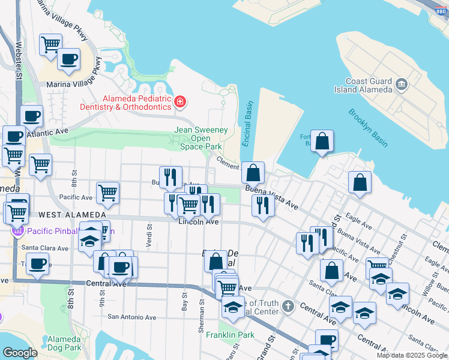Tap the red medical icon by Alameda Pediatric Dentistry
tap(179, 103)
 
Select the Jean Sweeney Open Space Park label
tap(199, 138)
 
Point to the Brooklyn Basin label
tap(367, 128)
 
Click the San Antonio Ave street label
tap(131, 317)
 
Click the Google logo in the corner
tap(19, 353)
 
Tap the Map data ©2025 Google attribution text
tap(412, 355)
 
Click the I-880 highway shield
tap(441, 4)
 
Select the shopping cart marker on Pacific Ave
tap(107, 193)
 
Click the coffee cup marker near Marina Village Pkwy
tap(68, 59)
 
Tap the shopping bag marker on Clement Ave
tap(253, 172)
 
